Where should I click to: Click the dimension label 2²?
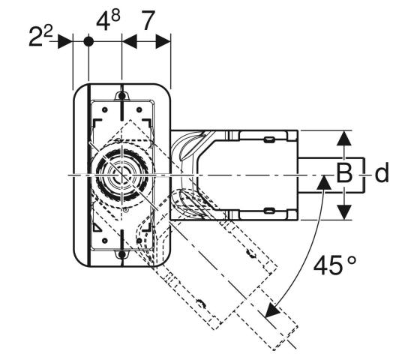pos(40,36)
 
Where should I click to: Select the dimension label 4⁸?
pos(108,20)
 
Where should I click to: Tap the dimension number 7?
pos(147,20)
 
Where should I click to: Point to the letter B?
pos(344,173)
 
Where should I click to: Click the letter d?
pos(382,172)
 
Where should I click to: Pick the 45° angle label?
pos(334,265)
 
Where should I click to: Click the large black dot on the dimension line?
pos(88,41)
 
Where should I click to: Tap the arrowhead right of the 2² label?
pos(65,41)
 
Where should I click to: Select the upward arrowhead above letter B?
pos(344,138)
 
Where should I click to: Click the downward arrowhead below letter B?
pos(344,212)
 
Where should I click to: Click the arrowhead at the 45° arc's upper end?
pos(324,182)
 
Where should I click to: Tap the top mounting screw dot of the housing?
pos(121,96)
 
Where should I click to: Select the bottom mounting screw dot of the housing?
pos(121,254)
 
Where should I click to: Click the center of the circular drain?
pos(121,175)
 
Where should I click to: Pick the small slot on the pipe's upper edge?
pos(268,139)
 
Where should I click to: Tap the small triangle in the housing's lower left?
pos(97,228)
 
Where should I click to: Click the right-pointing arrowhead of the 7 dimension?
pos(163,41)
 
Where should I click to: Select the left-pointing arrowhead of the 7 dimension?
pos(130,41)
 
